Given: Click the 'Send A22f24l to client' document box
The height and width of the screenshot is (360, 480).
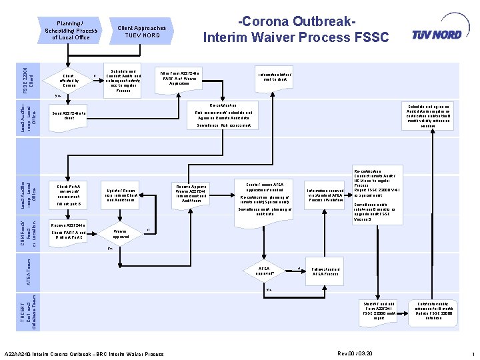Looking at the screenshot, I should (x=69, y=116).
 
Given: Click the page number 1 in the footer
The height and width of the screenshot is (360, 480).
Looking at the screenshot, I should (x=472, y=353).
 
